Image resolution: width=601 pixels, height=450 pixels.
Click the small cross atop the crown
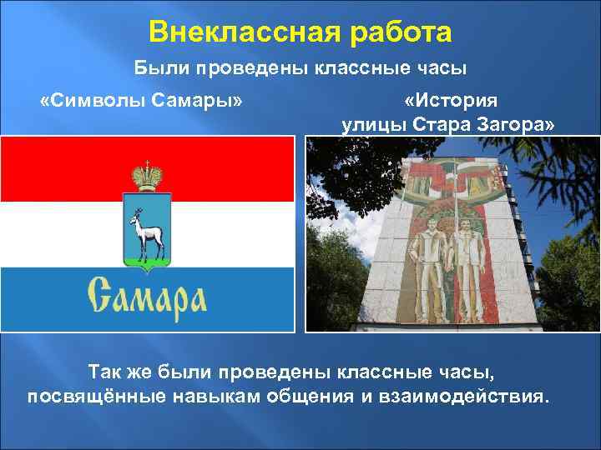147,162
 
